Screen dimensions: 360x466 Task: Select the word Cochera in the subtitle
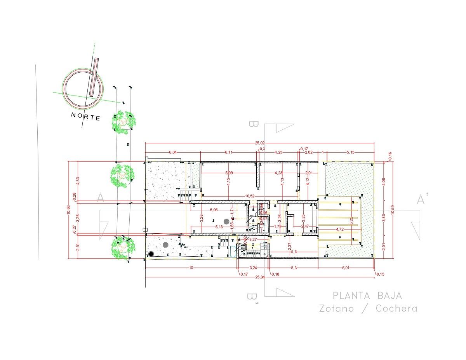pyautogui.click(x=396, y=309)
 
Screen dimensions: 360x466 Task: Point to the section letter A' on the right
pyautogui.click(x=423, y=199)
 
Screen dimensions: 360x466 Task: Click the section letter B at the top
pyautogui.click(x=254, y=124)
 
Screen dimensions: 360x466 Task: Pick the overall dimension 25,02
pyautogui.click(x=259, y=143)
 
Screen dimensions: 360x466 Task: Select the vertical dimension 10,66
pyautogui.click(x=68, y=210)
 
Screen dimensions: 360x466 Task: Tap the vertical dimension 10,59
pyautogui.click(x=392, y=210)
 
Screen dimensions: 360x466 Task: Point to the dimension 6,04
pyautogui.click(x=172, y=152)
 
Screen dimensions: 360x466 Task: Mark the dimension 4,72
pyautogui.click(x=340, y=229)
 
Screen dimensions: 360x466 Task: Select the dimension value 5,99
pyautogui.click(x=229, y=172)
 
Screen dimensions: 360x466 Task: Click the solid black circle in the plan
pyautogui.click(x=151, y=254)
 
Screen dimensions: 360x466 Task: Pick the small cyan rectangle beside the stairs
pyautogui.click(x=233, y=251)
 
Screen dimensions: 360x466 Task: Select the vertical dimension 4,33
pyautogui.click(x=78, y=181)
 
